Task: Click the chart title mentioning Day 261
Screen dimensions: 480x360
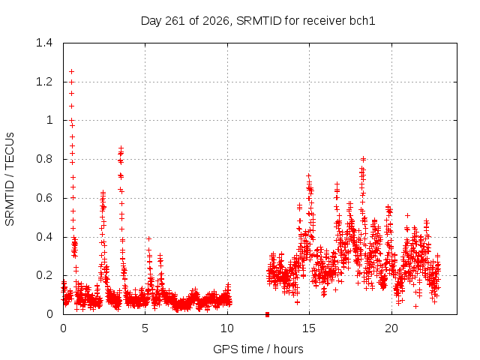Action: click(x=258, y=21)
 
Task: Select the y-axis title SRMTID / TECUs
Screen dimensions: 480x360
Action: click(x=10, y=179)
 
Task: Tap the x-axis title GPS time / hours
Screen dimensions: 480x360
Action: click(x=258, y=349)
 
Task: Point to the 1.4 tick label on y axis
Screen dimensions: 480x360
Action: click(x=44, y=43)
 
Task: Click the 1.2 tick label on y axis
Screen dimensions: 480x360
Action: click(x=44, y=82)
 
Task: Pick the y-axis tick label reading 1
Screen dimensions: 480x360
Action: click(x=49, y=120)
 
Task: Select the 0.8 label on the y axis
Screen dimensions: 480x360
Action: click(x=44, y=159)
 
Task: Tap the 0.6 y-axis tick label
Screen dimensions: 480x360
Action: click(x=44, y=198)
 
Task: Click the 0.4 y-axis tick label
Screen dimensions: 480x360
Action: click(x=44, y=237)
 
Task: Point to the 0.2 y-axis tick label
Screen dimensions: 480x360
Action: click(x=44, y=275)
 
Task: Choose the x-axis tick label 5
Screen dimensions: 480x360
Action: click(x=145, y=328)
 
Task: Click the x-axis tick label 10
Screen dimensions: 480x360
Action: click(x=227, y=328)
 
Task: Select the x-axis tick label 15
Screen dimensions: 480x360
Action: click(x=309, y=328)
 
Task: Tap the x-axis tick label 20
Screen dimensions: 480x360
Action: click(x=391, y=328)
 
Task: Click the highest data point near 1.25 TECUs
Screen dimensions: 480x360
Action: click(x=72, y=72)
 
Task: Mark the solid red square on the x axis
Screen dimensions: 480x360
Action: click(x=267, y=314)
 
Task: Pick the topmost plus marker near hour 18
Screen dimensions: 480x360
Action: click(x=363, y=159)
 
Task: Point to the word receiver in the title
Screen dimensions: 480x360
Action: click(x=325, y=21)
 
